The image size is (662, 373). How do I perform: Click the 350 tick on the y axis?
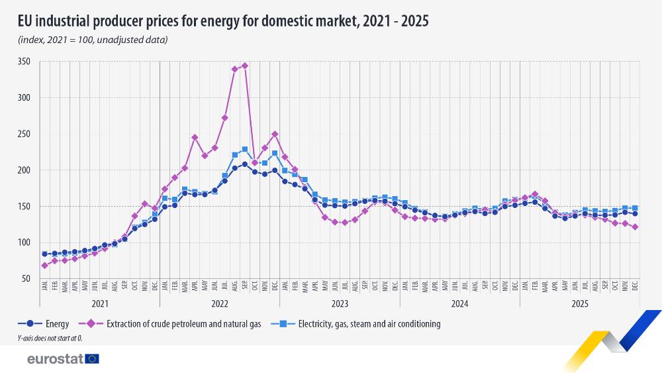(24, 62)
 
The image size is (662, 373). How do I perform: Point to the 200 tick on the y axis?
(24, 170)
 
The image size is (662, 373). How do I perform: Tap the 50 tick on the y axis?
(26, 279)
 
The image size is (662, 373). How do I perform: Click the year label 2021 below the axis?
(100, 303)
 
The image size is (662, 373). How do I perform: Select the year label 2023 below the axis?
(340, 303)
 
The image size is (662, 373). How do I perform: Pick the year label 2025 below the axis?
(579, 303)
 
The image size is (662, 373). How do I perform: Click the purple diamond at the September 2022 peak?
(245, 66)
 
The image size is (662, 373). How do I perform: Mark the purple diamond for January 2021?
(44, 266)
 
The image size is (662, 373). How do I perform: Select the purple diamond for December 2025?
(635, 227)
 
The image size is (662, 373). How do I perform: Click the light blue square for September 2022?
(245, 150)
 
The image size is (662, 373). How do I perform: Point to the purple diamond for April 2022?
(195, 137)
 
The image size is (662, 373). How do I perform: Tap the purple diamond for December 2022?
(275, 134)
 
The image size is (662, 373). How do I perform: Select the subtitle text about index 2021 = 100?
(93, 40)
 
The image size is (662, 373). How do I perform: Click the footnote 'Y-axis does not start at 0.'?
(50, 339)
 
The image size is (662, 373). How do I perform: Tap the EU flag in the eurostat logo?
(92, 358)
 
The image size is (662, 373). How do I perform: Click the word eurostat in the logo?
(55, 358)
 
